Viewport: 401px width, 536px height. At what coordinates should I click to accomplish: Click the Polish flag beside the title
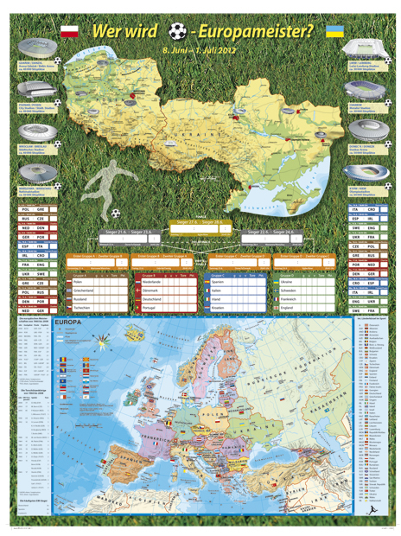coord(70,32)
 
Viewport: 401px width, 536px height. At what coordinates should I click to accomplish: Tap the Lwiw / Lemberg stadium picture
coord(366,45)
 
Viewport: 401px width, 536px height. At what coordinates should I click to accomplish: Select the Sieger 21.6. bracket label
coord(116,232)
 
